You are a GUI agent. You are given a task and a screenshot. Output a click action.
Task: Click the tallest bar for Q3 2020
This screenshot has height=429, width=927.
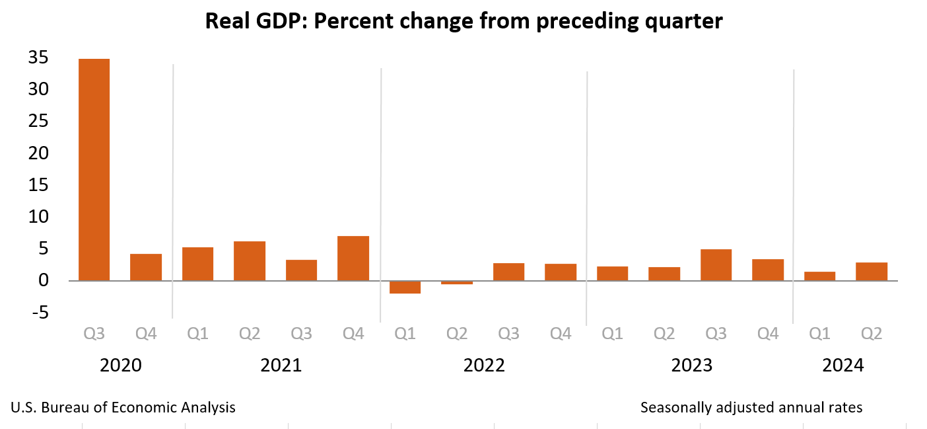click(x=94, y=169)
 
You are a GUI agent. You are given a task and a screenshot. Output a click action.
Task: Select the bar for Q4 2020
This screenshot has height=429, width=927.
click(x=146, y=267)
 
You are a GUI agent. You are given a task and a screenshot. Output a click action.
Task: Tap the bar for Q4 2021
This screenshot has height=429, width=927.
click(x=353, y=258)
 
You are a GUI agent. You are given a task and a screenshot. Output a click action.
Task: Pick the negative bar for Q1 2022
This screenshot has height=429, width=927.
click(x=405, y=287)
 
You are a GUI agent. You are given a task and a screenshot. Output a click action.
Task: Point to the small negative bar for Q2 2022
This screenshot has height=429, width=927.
click(x=457, y=282)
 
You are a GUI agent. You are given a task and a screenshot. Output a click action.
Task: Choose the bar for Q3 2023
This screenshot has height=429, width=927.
click(x=716, y=264)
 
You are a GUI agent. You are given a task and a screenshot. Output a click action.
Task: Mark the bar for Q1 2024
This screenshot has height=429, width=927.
click(x=819, y=276)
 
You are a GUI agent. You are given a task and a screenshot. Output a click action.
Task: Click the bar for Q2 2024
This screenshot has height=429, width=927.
click(x=872, y=272)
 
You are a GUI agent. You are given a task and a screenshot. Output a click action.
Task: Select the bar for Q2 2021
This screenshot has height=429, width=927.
click(x=250, y=260)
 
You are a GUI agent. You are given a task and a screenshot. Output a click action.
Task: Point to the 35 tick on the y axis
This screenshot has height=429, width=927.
click(x=38, y=58)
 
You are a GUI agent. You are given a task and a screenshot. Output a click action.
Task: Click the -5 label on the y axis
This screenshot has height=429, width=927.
click(x=38, y=313)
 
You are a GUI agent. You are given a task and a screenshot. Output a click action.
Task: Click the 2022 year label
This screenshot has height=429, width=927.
click(x=484, y=366)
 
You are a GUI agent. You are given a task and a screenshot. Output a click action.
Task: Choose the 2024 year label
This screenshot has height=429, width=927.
click(x=842, y=366)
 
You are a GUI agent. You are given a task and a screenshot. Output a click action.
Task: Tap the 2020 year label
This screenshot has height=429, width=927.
click(x=120, y=366)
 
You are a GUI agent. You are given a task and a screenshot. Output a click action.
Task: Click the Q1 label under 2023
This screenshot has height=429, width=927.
click(x=612, y=334)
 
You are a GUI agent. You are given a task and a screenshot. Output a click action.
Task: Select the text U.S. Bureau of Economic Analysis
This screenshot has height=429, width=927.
click(x=123, y=407)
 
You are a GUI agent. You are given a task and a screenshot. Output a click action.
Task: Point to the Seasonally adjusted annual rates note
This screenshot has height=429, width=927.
click(x=751, y=407)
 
